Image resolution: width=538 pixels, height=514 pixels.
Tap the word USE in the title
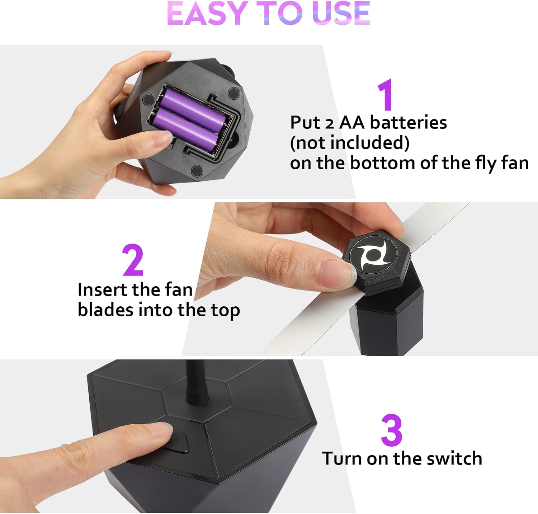tap(341, 14)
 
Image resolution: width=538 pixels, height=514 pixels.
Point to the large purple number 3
tap(391, 430)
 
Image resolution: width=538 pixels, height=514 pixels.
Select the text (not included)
tap(349, 143)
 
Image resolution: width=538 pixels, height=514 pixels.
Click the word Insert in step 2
tap(103, 290)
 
